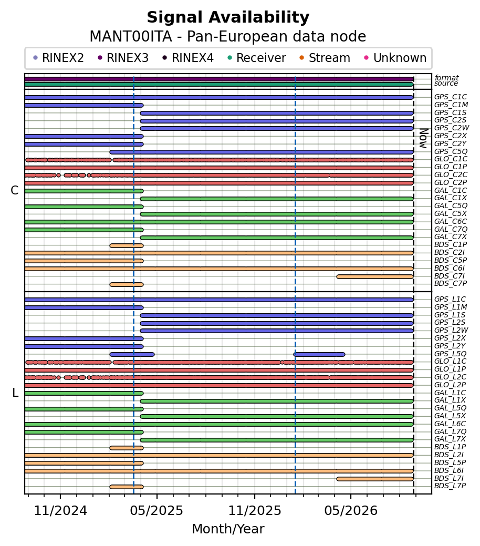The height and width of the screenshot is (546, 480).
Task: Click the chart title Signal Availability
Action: click(x=228, y=17)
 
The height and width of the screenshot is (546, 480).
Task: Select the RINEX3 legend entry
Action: click(x=123, y=58)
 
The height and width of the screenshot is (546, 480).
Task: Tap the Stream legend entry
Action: click(x=325, y=58)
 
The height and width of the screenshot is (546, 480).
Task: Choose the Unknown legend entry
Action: click(x=395, y=58)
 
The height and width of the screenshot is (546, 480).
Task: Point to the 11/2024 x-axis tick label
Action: click(x=60, y=511)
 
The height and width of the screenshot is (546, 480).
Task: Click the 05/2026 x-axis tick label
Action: click(x=351, y=511)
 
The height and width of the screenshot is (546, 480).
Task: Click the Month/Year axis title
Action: click(x=228, y=529)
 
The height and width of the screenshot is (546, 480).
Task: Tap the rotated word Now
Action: click(x=423, y=138)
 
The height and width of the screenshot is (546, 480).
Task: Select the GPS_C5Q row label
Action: click(x=451, y=151)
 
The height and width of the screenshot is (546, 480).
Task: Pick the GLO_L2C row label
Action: click(x=451, y=377)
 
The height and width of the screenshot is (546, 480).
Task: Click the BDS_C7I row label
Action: click(x=450, y=276)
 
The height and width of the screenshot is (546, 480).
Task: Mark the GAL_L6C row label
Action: click(x=450, y=424)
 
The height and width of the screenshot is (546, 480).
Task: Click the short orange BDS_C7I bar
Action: click(x=375, y=277)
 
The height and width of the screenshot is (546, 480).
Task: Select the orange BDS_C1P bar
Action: click(x=127, y=246)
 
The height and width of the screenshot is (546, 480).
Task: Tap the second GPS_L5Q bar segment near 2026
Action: click(x=319, y=355)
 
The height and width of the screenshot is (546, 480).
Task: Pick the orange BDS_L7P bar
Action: click(x=127, y=487)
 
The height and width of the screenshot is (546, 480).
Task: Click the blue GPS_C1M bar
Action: click(x=84, y=106)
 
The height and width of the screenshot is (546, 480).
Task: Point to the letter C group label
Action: click(x=15, y=190)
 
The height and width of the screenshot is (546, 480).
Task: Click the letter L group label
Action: click(x=15, y=393)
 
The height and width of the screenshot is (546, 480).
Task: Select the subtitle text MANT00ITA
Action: click(x=131, y=37)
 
